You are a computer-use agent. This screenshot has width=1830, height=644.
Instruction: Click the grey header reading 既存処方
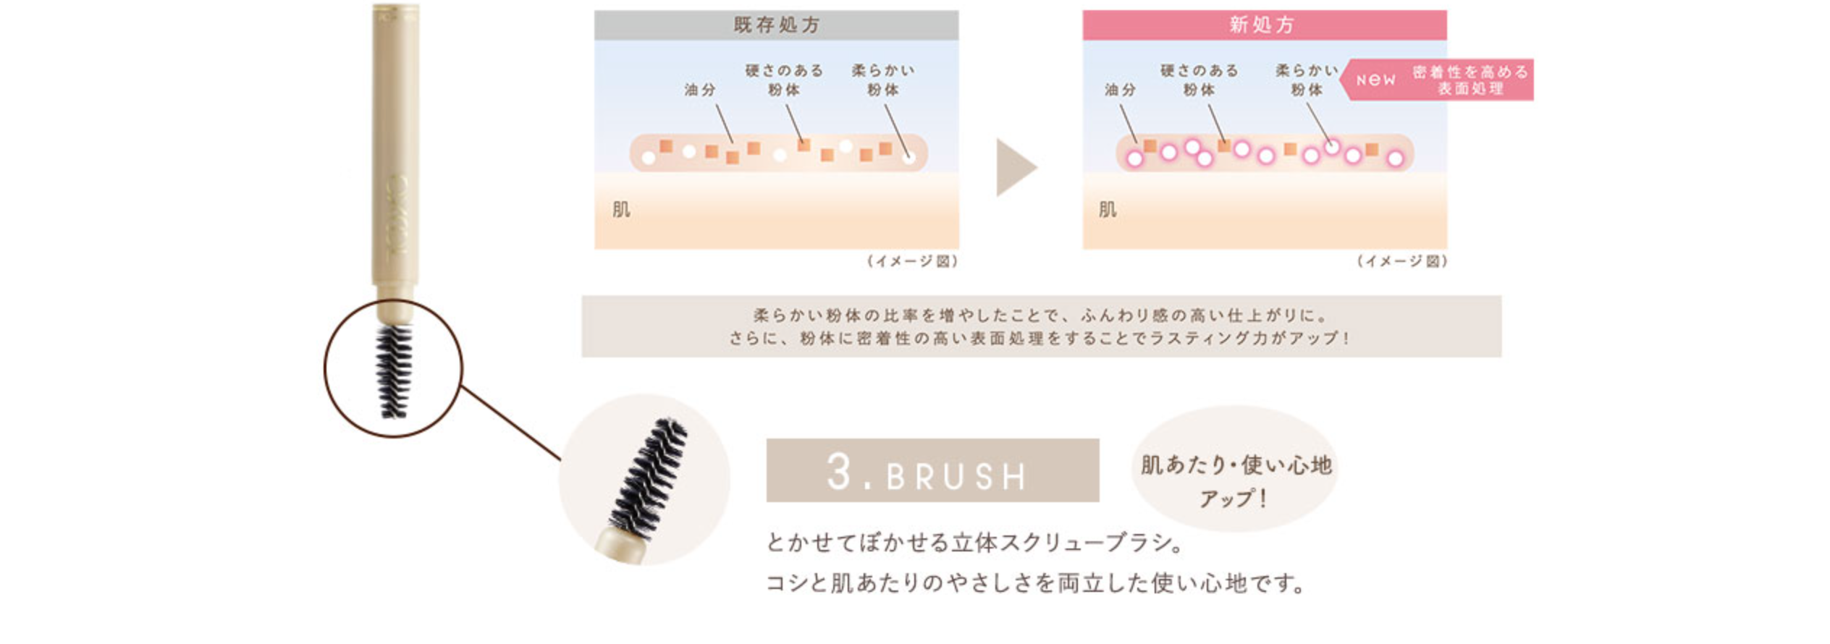click(776, 25)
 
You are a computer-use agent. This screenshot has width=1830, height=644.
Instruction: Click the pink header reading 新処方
click(1264, 25)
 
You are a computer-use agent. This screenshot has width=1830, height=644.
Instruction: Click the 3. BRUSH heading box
click(932, 470)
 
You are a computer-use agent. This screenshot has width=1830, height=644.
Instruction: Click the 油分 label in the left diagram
click(699, 90)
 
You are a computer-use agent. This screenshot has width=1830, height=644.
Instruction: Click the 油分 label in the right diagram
click(1120, 90)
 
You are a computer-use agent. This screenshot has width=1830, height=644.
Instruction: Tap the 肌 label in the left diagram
click(621, 210)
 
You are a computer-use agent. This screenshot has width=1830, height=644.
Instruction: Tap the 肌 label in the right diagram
click(1108, 210)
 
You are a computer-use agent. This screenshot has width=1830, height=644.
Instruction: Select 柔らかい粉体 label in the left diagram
click(883, 80)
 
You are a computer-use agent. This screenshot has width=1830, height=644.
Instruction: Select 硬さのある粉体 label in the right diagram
click(1199, 80)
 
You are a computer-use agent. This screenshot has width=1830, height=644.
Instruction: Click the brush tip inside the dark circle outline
click(394, 370)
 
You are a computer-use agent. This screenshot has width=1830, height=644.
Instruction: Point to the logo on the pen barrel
click(397, 213)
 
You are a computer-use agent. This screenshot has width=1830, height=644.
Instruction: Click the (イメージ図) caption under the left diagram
click(912, 261)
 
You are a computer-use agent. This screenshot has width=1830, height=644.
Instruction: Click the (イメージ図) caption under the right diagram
click(1401, 261)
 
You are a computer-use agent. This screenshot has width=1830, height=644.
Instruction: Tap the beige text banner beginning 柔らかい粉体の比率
click(1041, 326)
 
